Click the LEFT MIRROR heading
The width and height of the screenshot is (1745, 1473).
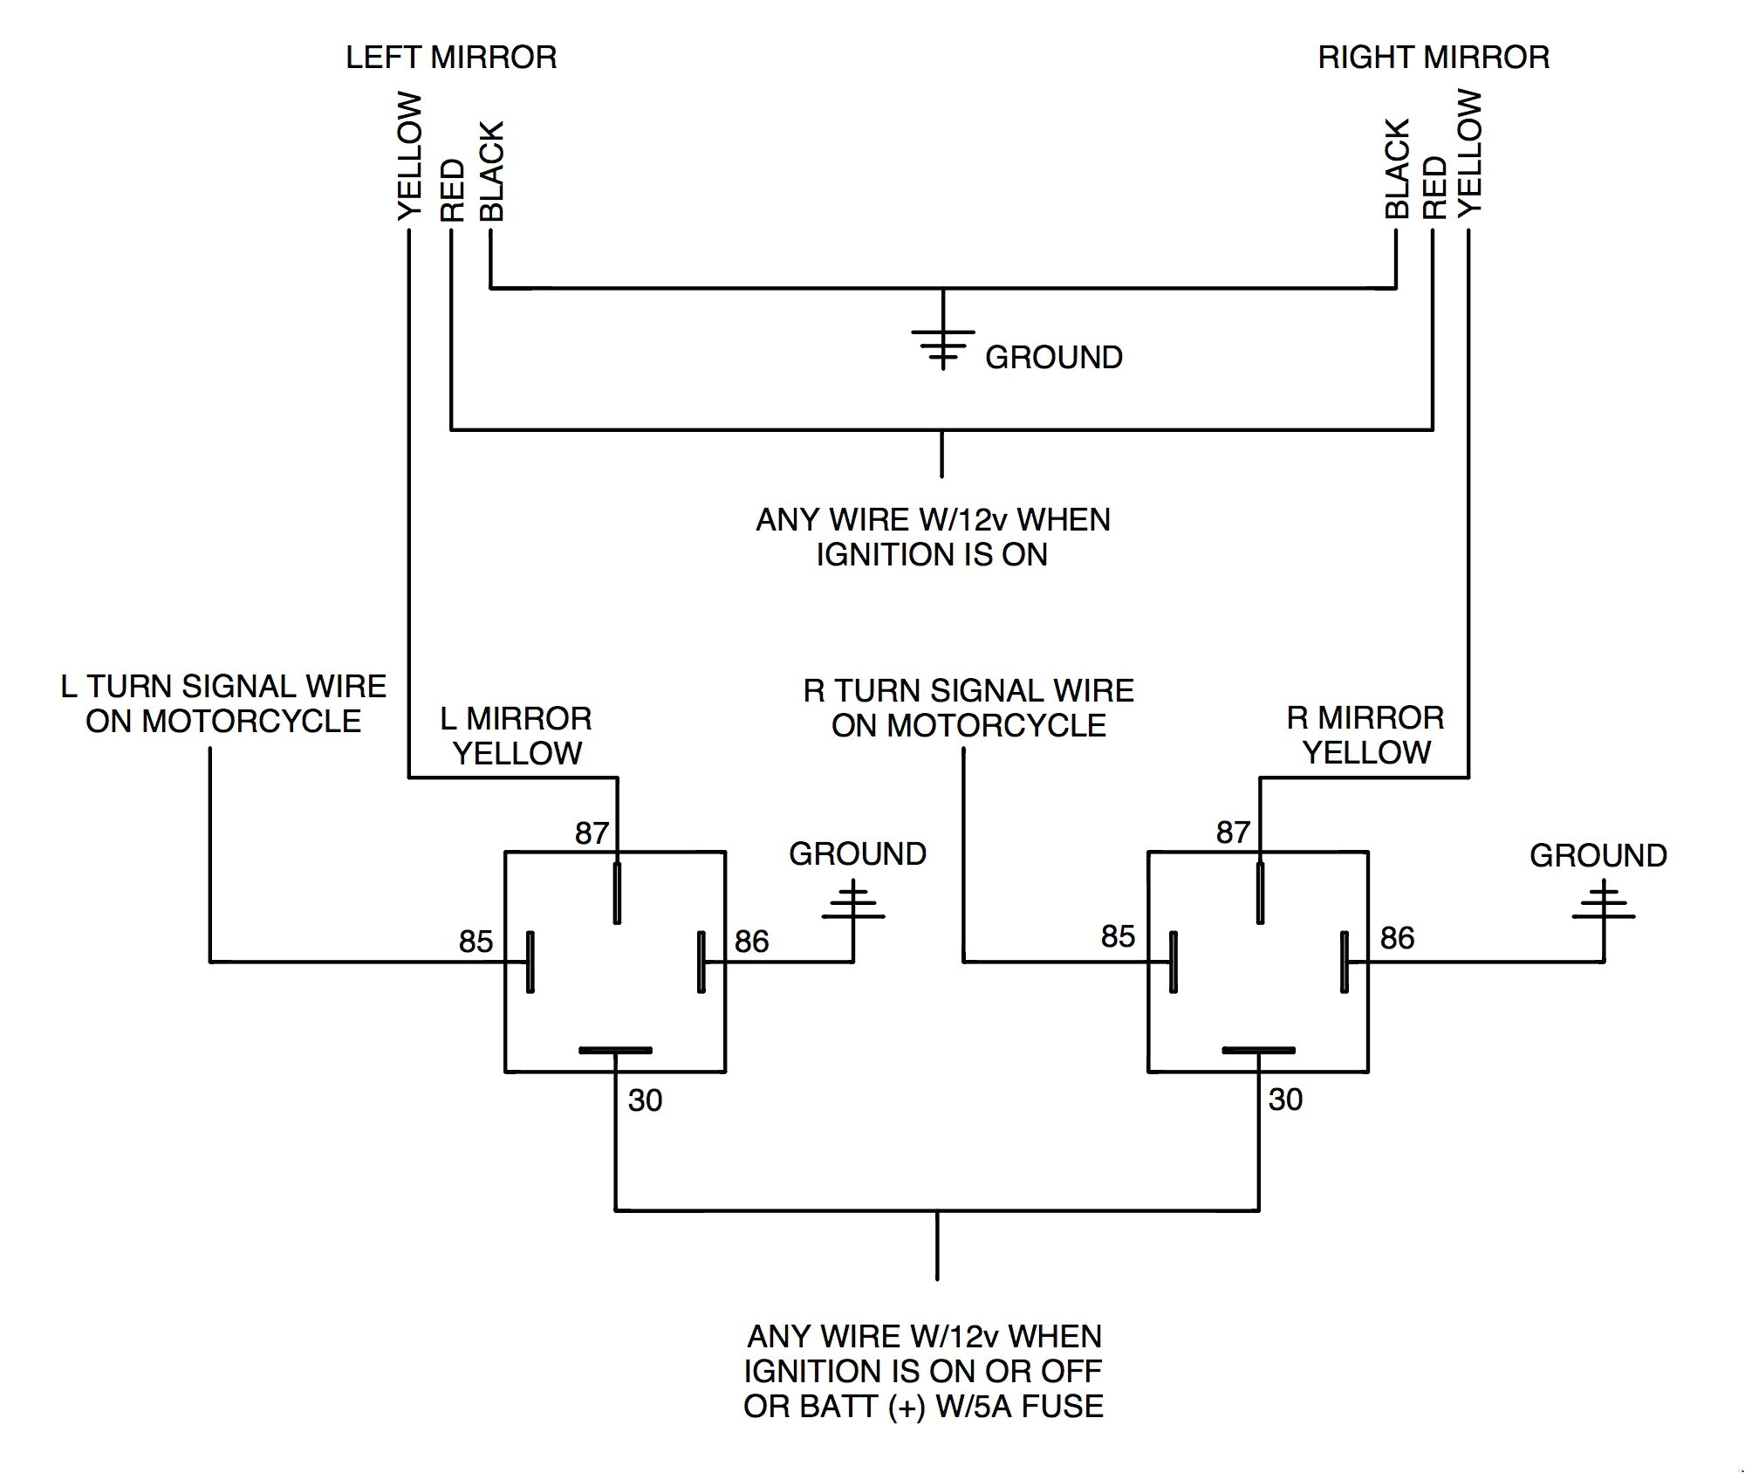[x=450, y=58]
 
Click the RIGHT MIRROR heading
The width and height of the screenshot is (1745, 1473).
[x=1433, y=58]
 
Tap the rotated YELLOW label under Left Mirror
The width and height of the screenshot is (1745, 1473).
[x=409, y=157]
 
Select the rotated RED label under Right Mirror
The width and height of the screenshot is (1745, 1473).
[x=1434, y=188]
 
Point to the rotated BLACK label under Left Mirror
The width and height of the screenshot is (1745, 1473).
[x=492, y=171]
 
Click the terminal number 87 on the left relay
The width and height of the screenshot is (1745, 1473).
[x=591, y=833]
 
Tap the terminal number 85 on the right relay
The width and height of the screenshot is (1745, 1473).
[x=1118, y=936]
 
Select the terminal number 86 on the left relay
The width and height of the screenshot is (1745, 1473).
[x=751, y=942]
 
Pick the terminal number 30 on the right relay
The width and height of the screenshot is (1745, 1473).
[x=1285, y=1100]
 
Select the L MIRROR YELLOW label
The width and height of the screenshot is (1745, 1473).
[x=517, y=736]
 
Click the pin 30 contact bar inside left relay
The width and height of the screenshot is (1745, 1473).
[x=615, y=1050]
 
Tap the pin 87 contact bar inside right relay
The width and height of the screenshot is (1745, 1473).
[x=1260, y=893]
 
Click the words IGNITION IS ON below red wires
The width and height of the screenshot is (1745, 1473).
[x=931, y=555]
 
